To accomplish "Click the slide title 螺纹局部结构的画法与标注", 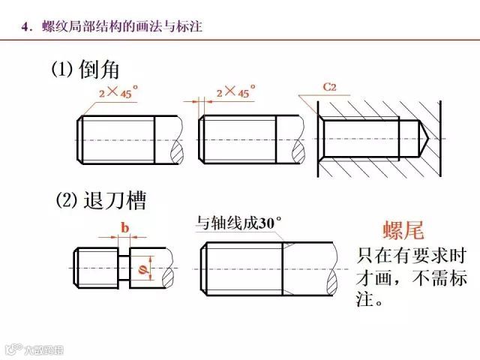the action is tap(119, 27).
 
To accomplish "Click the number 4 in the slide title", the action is tap(26, 27).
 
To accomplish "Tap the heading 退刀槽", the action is tap(113, 201).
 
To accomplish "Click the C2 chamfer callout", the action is tap(329, 88).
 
